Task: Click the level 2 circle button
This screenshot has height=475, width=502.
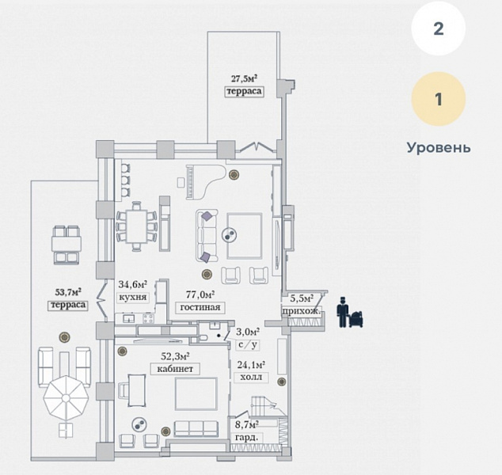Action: coord(438,29)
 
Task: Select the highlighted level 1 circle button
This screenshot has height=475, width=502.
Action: coord(438,100)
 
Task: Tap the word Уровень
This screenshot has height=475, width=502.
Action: coord(438,147)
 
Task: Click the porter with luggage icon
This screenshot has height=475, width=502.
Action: coord(348,312)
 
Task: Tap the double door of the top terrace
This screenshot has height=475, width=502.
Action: coord(259,147)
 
